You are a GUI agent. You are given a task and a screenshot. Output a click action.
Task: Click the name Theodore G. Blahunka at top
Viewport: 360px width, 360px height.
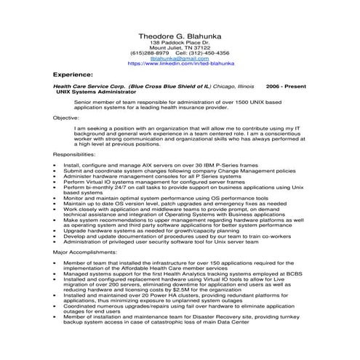point(179,36)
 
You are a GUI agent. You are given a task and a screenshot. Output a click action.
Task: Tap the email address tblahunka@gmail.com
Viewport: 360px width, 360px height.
point(179,58)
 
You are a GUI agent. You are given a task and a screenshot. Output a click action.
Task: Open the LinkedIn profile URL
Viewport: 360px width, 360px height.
point(179,63)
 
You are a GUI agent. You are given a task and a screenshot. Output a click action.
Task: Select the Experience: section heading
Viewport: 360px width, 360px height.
point(73,74)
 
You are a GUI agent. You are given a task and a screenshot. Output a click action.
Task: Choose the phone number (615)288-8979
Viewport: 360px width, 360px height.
point(150,53)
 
